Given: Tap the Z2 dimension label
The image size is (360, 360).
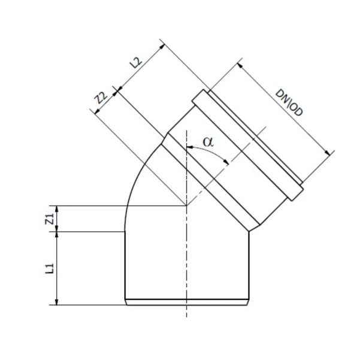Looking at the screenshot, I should coord(100,98).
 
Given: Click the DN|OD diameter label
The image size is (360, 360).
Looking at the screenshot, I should coord(290,103).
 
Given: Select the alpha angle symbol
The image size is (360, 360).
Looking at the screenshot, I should coord(208,142).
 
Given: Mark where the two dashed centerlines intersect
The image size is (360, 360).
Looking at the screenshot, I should coord(187,205).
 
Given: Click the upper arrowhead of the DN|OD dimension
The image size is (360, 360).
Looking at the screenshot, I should coord(241,63).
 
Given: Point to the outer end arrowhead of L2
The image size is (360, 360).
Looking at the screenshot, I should coord(162,43).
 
